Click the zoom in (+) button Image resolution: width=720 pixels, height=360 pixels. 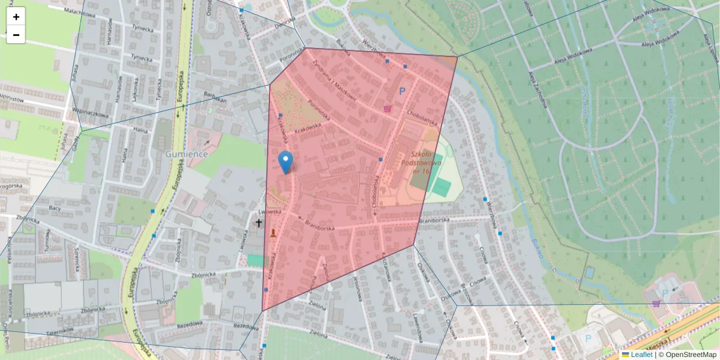point(16,17)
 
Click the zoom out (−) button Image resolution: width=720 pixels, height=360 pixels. point(16,35)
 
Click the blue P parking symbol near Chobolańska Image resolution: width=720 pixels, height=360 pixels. point(402,91)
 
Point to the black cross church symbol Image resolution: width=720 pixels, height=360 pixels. point(259,223)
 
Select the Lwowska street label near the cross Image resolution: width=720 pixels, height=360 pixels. point(269,212)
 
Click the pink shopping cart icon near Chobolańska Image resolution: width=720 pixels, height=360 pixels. point(388,109)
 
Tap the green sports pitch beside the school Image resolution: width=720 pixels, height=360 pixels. point(441,187)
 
